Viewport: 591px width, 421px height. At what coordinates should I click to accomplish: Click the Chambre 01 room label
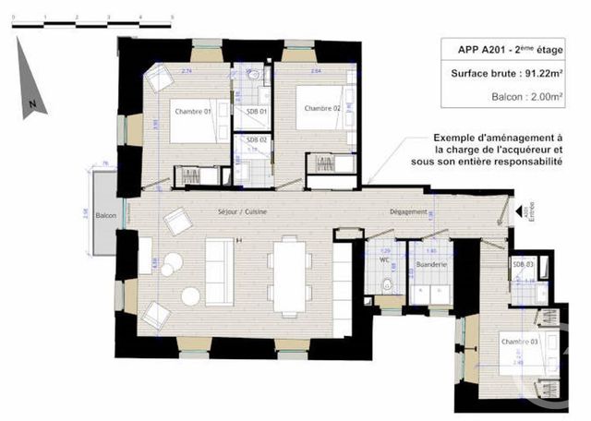tap(194, 112)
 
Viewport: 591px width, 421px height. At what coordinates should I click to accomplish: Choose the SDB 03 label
tap(524, 265)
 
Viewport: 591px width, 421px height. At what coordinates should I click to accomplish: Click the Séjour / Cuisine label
tap(243, 211)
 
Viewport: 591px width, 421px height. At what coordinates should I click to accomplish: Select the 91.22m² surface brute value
tap(542, 73)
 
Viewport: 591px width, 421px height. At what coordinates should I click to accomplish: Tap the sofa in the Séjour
tap(219, 262)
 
